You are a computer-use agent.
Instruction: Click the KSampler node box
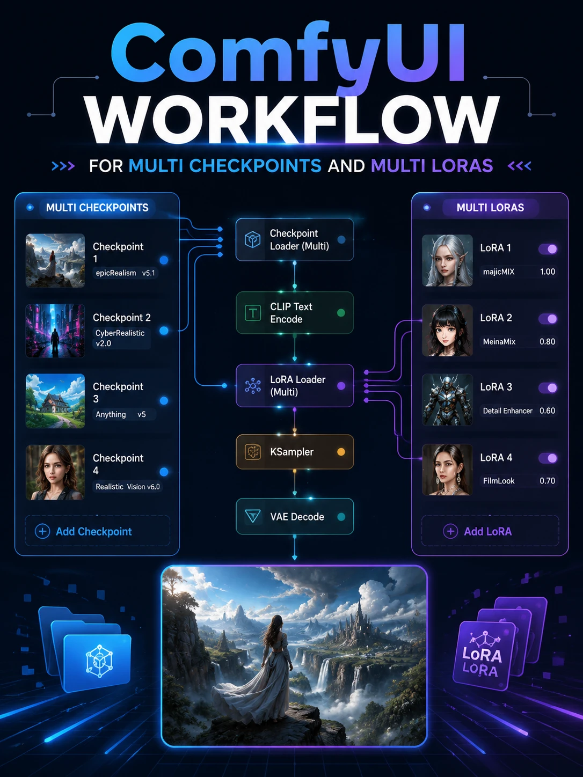point(295,452)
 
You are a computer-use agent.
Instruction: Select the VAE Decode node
point(295,516)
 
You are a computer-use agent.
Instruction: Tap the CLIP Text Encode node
point(295,312)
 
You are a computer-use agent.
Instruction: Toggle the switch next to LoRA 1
point(548,249)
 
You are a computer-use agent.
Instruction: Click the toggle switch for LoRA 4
point(548,458)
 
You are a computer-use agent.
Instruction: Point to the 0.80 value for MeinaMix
point(547,342)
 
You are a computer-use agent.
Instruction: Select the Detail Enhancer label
point(508,411)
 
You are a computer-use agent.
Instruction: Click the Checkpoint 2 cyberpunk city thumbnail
point(55,331)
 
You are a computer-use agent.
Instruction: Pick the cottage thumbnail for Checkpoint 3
point(55,401)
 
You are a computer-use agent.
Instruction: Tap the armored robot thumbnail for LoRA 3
point(447,400)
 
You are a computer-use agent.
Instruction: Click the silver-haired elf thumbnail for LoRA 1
point(447,260)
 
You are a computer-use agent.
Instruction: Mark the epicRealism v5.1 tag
point(125,273)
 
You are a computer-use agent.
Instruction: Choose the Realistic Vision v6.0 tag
point(128,487)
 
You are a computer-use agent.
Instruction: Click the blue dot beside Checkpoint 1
point(164,260)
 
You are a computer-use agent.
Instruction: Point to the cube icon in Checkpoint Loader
point(253,240)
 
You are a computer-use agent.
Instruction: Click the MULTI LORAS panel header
point(490,208)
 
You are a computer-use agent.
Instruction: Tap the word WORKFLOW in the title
point(293,120)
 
